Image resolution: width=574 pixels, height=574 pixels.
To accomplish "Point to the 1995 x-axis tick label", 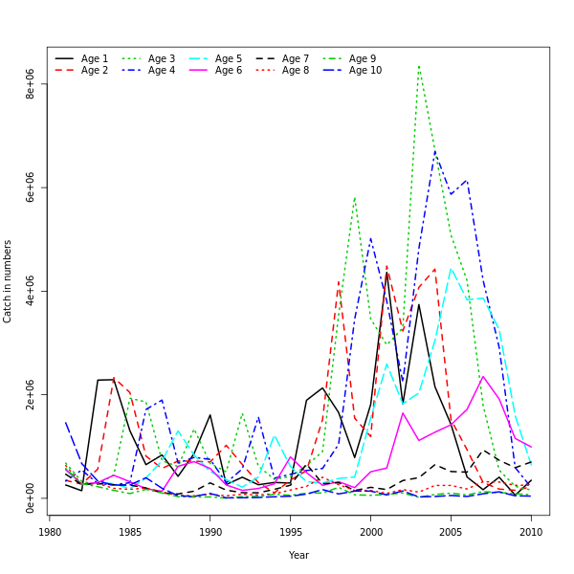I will [x=290, y=533].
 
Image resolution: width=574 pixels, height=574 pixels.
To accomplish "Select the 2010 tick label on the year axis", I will [x=531, y=533].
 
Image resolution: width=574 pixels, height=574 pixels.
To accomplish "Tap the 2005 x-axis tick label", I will [x=451, y=533].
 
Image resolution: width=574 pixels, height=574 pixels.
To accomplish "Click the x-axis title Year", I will [x=298, y=555].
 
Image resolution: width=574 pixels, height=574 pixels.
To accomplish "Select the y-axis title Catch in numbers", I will [x=9, y=281].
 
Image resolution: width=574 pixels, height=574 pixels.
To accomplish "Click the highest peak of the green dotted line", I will [x=419, y=66].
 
